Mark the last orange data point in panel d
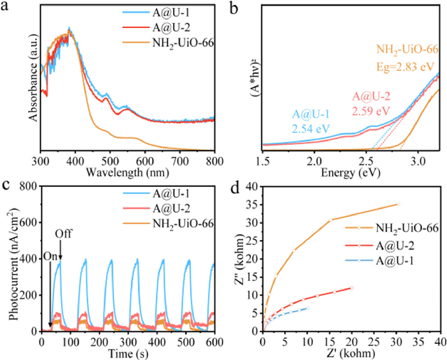pos(398,204)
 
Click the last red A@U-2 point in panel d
pos(351,288)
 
